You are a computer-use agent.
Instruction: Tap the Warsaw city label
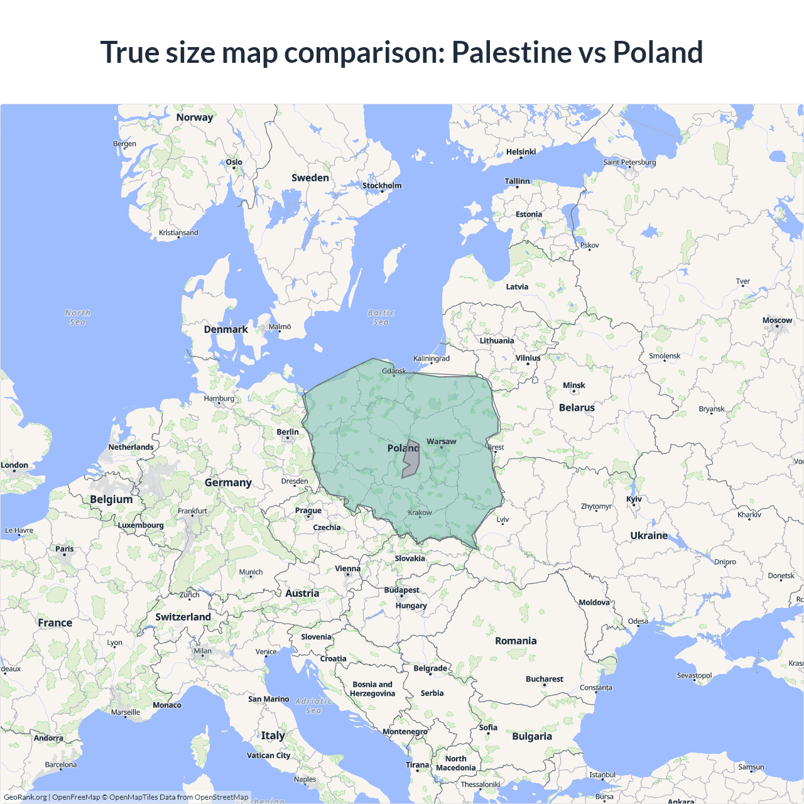[441, 442]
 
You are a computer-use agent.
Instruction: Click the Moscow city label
[777, 320]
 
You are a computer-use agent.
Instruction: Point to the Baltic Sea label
[381, 317]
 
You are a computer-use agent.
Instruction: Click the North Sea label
[77, 317]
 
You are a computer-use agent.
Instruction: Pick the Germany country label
[228, 482]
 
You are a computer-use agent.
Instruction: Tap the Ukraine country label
[649, 535]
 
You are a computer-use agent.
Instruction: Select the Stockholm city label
[381, 185]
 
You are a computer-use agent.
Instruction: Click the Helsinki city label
[521, 152]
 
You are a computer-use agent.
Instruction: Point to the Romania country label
[516, 641]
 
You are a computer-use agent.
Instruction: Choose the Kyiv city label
[634, 499]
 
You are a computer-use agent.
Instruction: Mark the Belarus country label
[577, 408]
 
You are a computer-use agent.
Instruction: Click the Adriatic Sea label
[313, 705]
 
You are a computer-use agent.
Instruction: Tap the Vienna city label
[347, 568]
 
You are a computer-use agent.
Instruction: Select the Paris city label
[64, 549]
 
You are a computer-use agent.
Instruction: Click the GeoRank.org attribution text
[25, 797]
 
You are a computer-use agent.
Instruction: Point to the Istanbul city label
[602, 774]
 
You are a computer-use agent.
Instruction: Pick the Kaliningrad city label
[431, 359]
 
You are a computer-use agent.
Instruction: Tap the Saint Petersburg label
[629, 162]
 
